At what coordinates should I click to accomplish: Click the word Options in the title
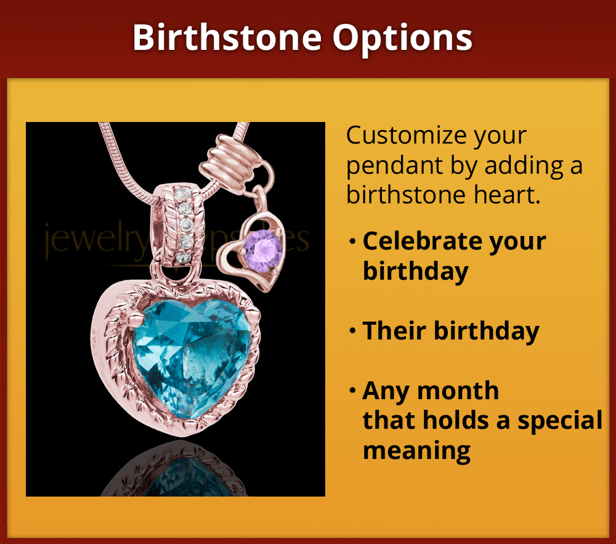point(403,38)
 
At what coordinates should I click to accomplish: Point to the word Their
point(394,331)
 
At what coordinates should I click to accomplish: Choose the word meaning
point(416,450)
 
